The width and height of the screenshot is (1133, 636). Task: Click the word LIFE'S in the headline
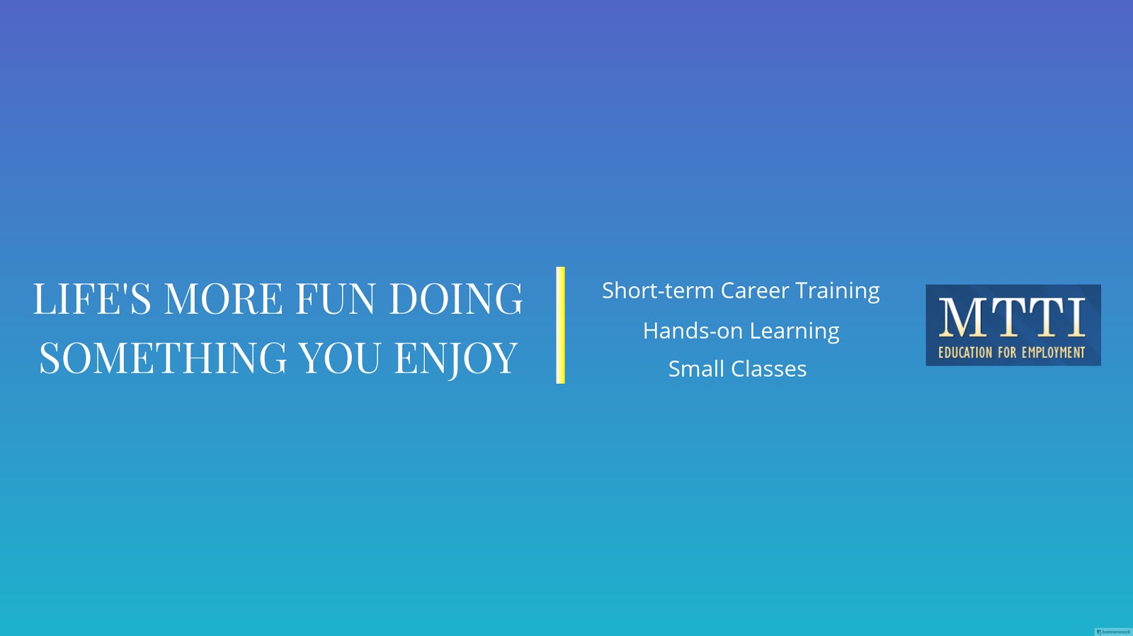(92, 298)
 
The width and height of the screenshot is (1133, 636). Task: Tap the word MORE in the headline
(224, 298)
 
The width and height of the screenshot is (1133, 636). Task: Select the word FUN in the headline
(336, 298)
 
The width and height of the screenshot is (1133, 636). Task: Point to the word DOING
(456, 298)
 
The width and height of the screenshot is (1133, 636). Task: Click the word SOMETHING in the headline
(163, 358)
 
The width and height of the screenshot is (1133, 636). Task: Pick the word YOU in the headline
(339, 358)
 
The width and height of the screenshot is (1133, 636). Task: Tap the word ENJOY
(456, 359)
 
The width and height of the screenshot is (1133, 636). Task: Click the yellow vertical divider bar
(560, 325)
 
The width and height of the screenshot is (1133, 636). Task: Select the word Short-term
(658, 290)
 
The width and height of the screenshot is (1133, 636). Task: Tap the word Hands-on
(693, 331)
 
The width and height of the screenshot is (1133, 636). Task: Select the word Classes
(769, 369)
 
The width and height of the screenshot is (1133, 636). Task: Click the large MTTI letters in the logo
(1012, 317)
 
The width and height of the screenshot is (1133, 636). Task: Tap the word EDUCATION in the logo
(966, 352)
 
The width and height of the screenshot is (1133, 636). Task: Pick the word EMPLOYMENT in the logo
(1054, 352)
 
